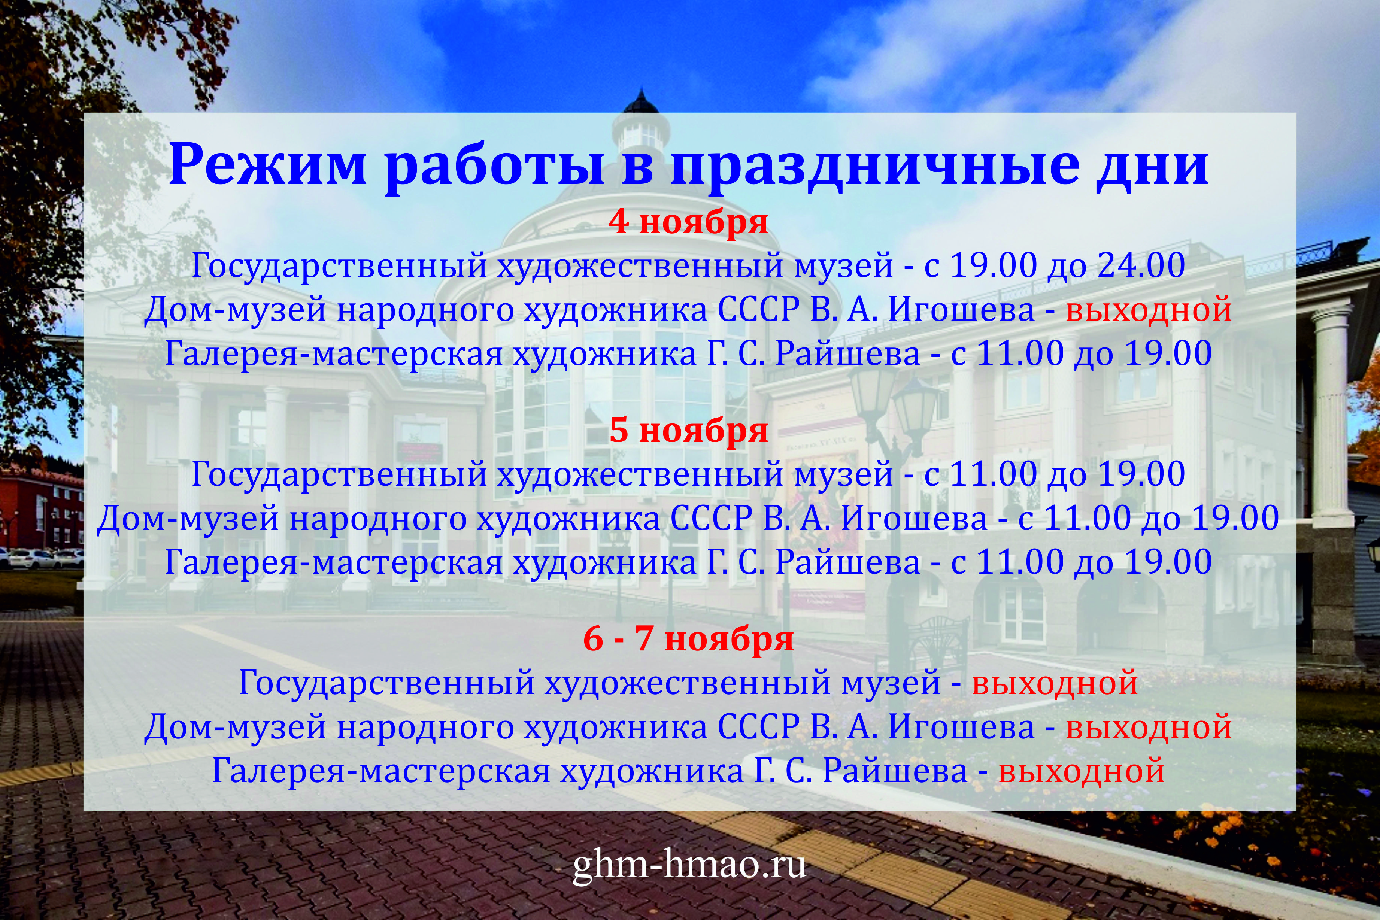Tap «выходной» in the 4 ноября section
(x=1148, y=310)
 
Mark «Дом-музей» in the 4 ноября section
(x=235, y=310)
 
